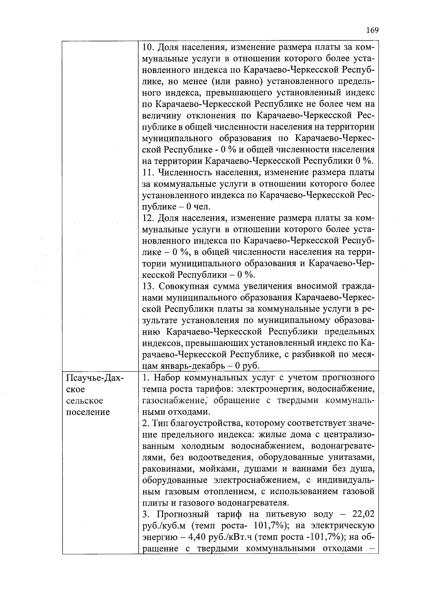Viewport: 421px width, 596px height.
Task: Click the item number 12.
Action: pos(149,218)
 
